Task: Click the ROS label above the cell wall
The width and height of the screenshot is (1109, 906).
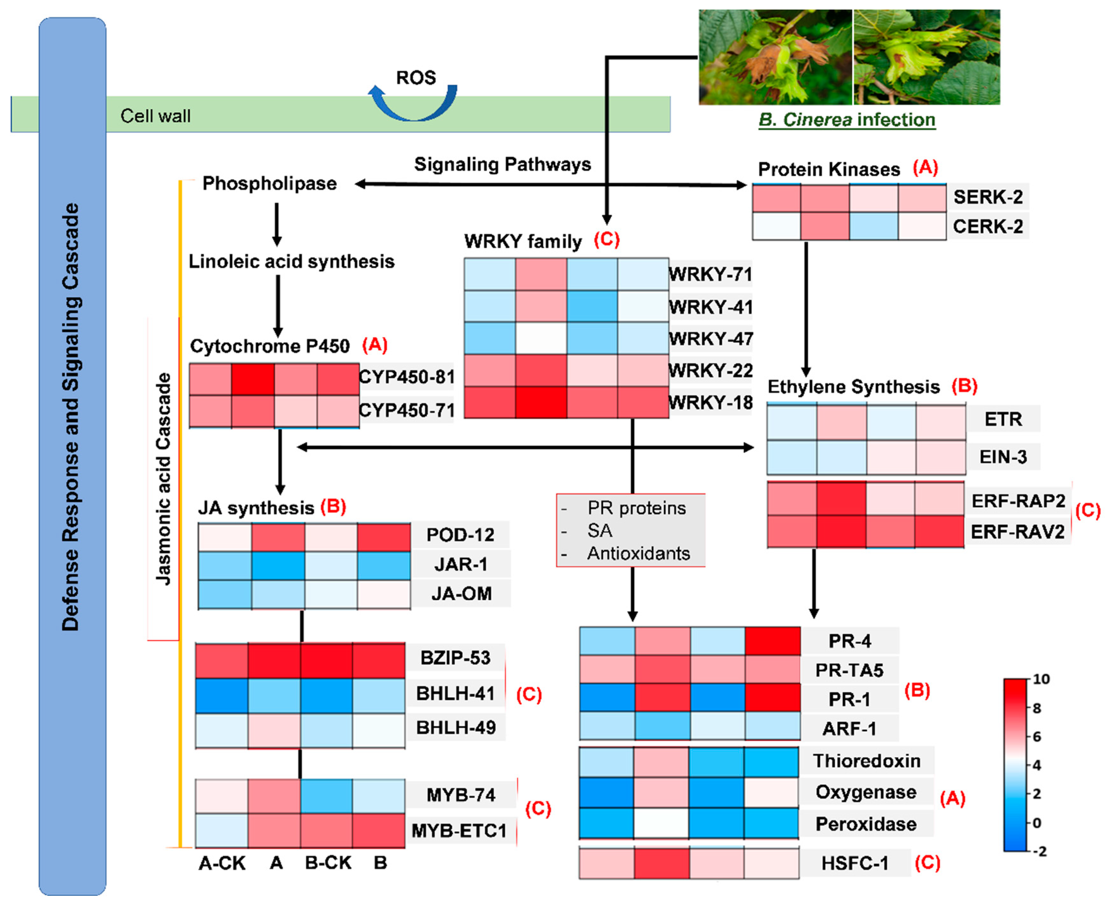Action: tap(416, 78)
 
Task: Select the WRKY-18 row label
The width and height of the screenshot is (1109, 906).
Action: tap(710, 402)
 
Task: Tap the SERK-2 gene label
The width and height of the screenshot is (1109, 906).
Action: tap(988, 197)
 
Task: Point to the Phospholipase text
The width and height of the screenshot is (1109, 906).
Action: tap(269, 184)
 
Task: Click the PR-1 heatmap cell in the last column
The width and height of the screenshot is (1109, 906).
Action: tap(772, 698)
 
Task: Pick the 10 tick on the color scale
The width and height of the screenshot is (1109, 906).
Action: tap(1041, 679)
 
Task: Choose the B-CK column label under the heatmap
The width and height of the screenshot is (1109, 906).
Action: tap(328, 863)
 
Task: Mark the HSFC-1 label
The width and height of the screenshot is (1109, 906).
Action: tap(855, 863)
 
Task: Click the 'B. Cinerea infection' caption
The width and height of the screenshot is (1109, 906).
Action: tap(846, 120)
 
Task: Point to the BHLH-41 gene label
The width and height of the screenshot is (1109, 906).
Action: tap(455, 693)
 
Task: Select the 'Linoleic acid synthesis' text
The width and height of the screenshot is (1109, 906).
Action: tap(291, 261)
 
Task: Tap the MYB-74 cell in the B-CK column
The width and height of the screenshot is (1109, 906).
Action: tap(326, 795)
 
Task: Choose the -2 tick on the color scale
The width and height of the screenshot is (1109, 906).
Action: tap(1040, 851)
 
